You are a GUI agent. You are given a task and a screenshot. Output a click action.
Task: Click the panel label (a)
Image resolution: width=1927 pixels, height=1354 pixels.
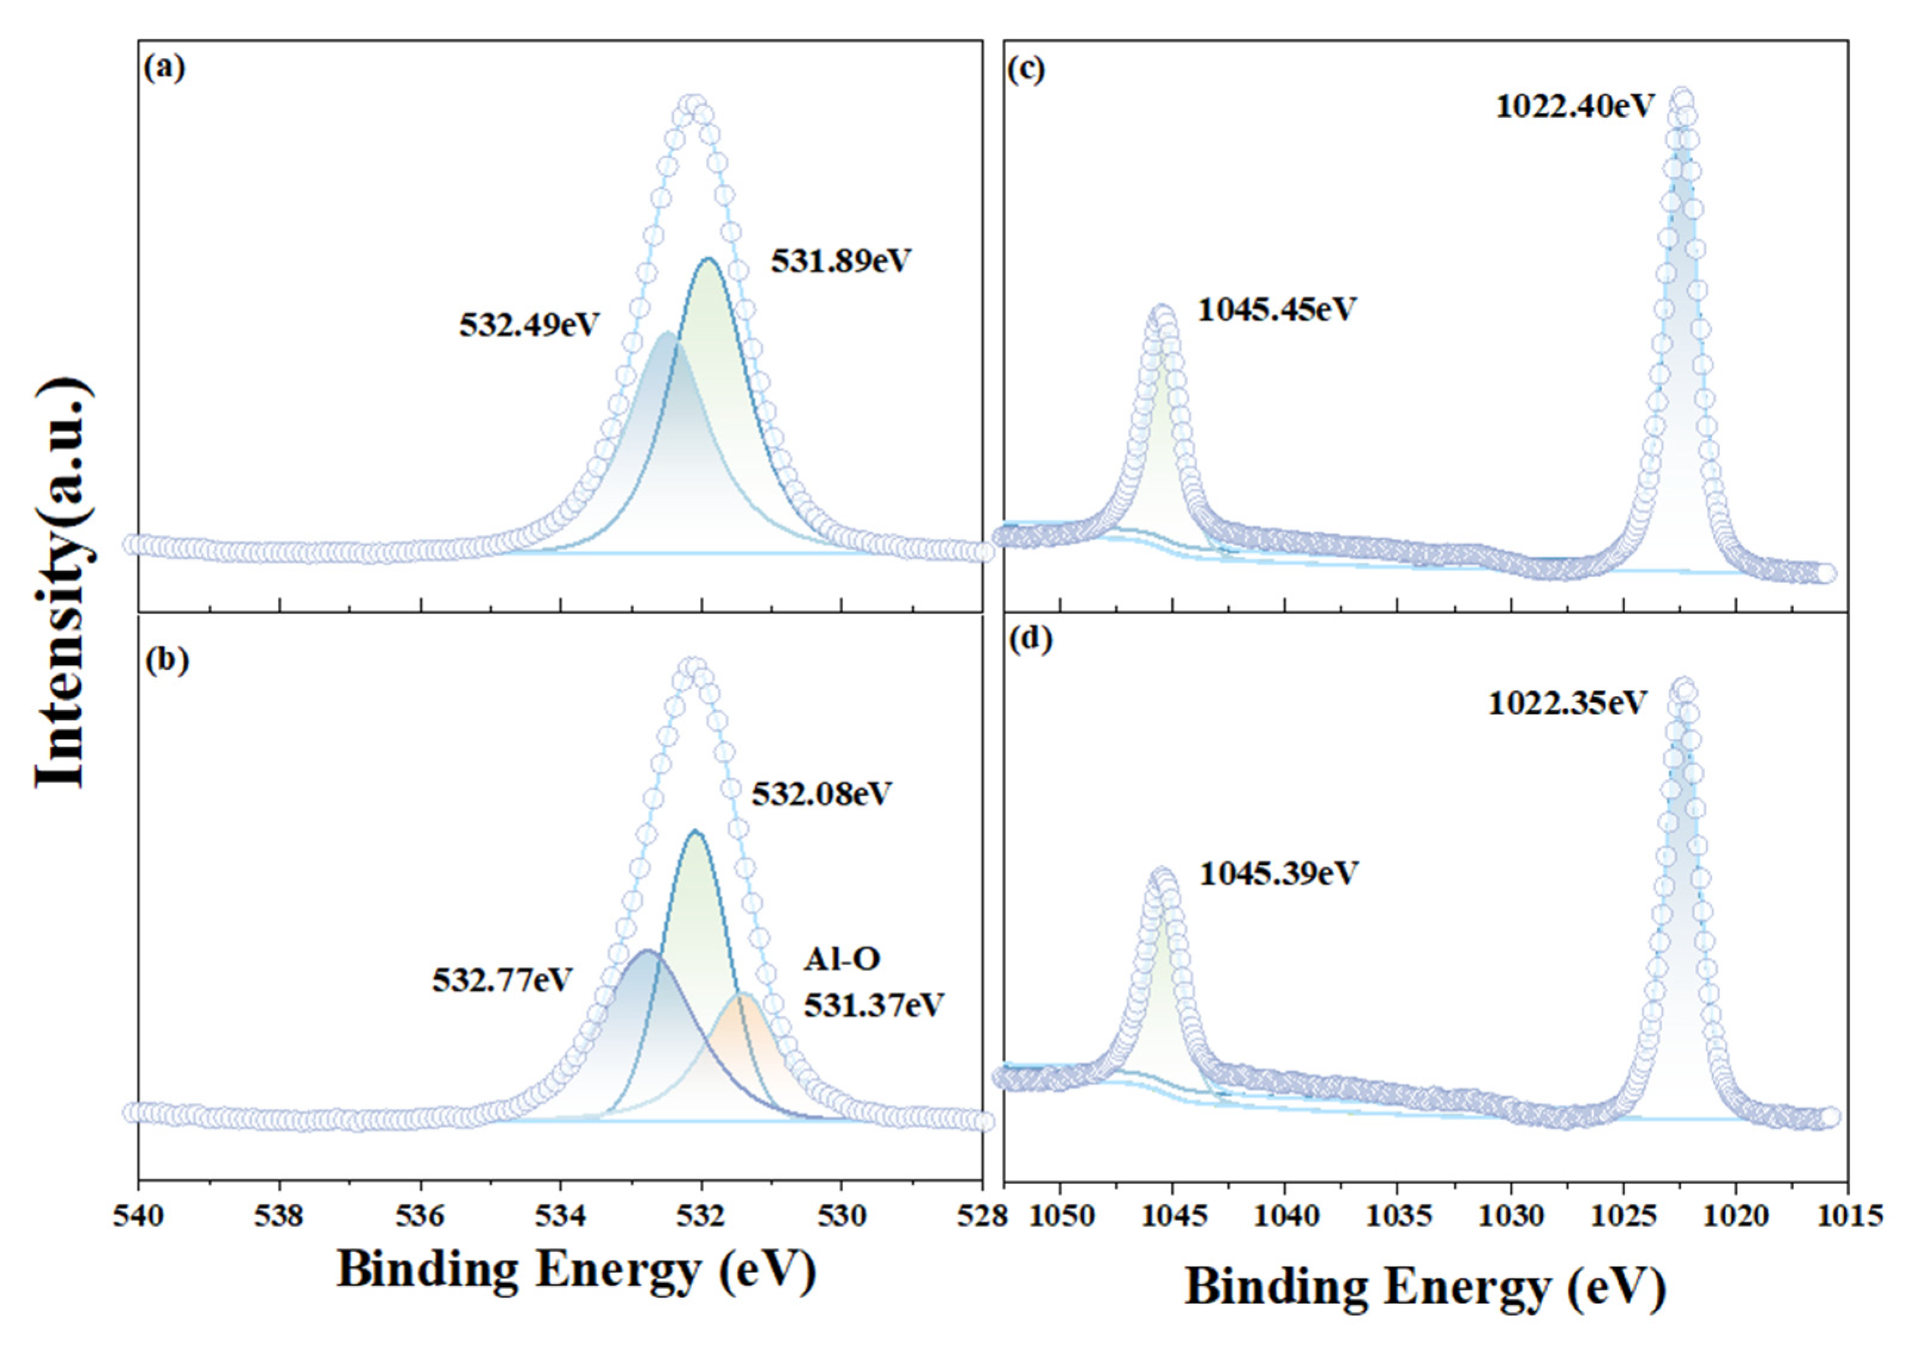coord(165,68)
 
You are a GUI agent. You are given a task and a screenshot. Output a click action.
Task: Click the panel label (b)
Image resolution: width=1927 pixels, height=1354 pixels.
coord(167,660)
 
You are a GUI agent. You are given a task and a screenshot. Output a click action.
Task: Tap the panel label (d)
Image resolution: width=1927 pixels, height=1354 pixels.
coord(1030,640)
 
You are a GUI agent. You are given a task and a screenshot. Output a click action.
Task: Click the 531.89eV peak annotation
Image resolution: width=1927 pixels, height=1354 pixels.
coord(841,261)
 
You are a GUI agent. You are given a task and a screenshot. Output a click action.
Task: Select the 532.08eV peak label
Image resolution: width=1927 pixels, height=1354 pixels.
coord(821,793)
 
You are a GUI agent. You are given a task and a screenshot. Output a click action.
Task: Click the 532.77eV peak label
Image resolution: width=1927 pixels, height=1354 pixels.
coord(503,980)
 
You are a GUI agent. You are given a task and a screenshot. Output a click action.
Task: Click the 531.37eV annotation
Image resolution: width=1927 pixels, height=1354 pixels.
coord(873,1004)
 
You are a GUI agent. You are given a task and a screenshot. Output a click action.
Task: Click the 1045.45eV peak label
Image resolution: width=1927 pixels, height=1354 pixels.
coord(1276,310)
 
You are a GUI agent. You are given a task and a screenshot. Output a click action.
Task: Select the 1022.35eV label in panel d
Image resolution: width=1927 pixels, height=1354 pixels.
coord(1567,703)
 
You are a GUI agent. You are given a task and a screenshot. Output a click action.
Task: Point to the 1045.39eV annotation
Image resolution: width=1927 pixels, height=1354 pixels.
coord(1278,874)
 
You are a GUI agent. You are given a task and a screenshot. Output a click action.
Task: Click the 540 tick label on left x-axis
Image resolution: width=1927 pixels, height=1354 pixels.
coord(138,1216)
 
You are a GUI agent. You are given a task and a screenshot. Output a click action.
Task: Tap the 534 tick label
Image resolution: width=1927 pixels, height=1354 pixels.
coord(561,1216)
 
